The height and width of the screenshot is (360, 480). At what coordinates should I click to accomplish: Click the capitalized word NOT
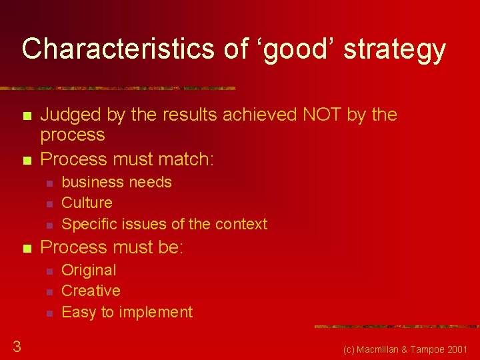coord(322,115)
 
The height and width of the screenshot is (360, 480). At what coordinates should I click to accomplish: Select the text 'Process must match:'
coord(127,159)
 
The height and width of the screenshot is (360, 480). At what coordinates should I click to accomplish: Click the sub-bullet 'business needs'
coord(117,182)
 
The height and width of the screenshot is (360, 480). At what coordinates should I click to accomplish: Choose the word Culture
coord(87,203)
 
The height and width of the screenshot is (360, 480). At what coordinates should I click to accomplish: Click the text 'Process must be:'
coord(112,247)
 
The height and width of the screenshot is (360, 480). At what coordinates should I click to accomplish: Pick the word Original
coord(89,270)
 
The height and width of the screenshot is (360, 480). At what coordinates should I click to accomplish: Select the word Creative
coord(91,291)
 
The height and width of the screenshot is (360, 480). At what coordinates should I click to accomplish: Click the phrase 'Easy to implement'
coord(127,312)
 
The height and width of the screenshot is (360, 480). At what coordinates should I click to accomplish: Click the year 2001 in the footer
coord(457,349)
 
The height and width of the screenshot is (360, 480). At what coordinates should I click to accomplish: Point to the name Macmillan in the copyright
coord(386,349)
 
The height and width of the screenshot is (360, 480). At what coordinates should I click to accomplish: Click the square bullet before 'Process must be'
coord(27,249)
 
